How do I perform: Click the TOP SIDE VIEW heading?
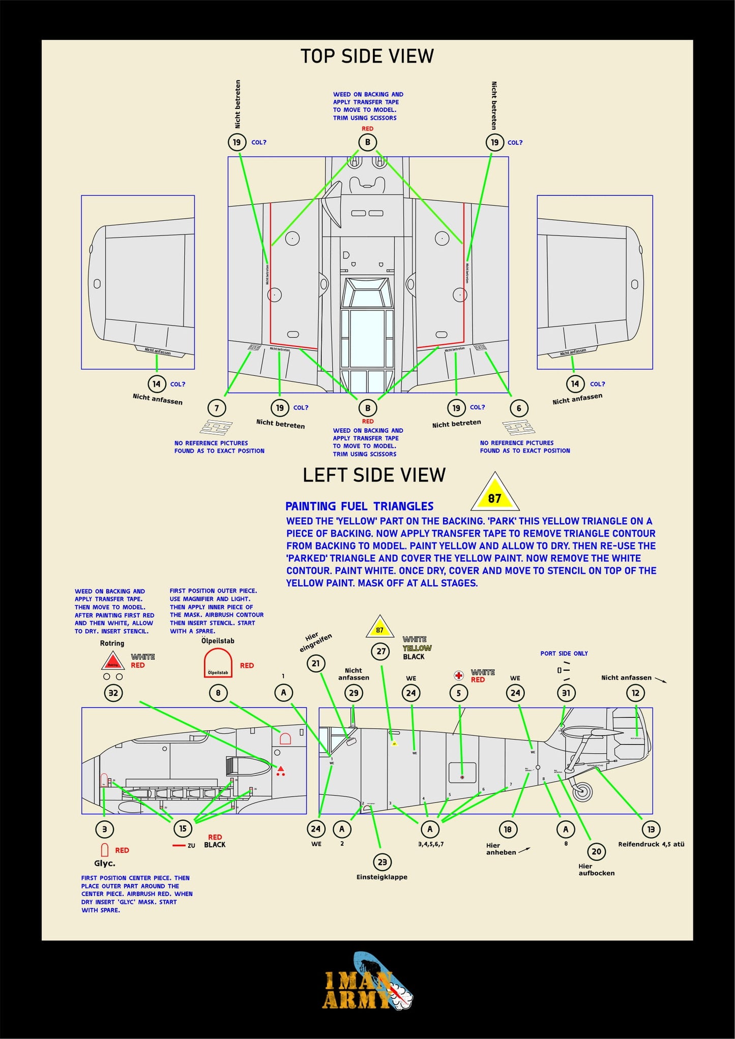pos(367,56)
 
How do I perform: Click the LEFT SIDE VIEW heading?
pos(374,475)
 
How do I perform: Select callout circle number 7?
pos(217,408)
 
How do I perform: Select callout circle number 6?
pos(519,408)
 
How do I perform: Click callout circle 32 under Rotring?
pos(113,693)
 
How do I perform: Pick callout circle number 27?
pos(381,651)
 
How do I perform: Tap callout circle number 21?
pos(316,663)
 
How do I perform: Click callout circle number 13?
pos(651,829)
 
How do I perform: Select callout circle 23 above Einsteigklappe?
pos(382,862)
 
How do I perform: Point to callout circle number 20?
pos(596,851)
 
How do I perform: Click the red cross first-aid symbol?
pos(459,675)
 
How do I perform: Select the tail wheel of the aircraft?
pos(582,791)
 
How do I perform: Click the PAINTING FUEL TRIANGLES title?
pos(359,506)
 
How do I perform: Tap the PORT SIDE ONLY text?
pos(564,654)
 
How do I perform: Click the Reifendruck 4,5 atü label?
pos(651,844)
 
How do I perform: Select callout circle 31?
pos(566,693)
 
